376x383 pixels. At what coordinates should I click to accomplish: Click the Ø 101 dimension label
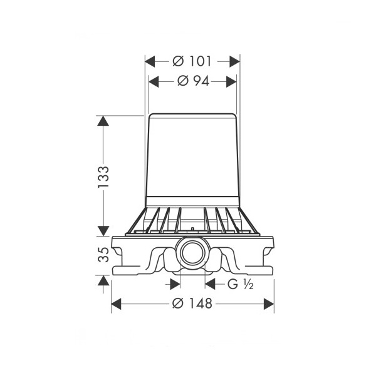(x=192, y=61)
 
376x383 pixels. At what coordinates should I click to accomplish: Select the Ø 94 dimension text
(x=193, y=81)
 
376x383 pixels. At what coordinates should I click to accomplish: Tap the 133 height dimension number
(x=103, y=177)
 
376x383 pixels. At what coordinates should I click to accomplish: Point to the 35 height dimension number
(x=103, y=255)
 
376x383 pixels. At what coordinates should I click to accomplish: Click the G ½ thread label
(x=241, y=284)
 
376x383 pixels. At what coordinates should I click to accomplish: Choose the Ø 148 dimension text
(x=192, y=304)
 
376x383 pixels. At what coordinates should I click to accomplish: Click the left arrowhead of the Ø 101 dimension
(x=150, y=61)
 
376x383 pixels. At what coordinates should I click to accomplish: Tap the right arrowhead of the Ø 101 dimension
(x=235, y=61)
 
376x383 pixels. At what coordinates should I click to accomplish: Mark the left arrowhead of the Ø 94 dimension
(x=154, y=81)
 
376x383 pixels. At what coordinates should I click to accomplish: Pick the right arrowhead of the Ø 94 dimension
(x=231, y=81)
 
